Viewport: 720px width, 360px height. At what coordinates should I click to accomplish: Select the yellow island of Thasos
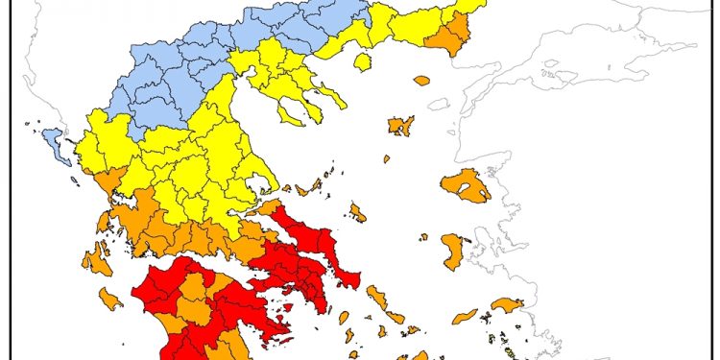[362, 61]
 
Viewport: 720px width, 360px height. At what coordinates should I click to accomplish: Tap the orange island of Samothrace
[421, 81]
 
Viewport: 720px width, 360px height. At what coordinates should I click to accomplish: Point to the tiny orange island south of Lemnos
[387, 158]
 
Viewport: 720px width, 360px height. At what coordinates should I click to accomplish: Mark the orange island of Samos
[507, 305]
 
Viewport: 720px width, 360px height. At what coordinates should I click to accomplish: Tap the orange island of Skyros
[357, 212]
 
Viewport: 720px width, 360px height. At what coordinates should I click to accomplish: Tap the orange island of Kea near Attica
[344, 318]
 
